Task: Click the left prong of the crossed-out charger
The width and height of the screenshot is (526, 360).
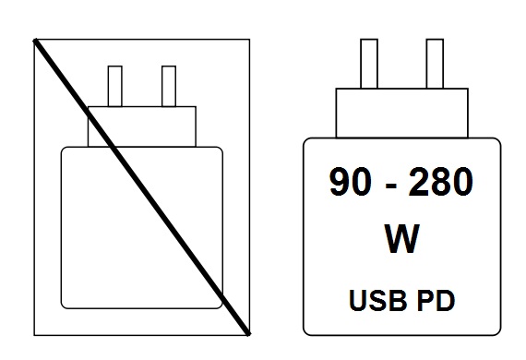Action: pyautogui.click(x=115, y=86)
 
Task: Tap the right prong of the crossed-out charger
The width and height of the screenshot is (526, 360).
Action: pyautogui.click(x=168, y=86)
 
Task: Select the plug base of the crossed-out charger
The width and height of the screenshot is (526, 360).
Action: pyautogui.click(x=142, y=126)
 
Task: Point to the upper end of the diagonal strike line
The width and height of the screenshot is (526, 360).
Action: pyautogui.click(x=36, y=40)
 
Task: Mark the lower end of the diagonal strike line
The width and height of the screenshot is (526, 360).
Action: pyautogui.click(x=248, y=330)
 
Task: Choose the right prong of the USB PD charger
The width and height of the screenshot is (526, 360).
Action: pyautogui.click(x=435, y=64)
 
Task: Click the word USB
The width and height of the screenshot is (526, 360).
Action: pyautogui.click(x=374, y=300)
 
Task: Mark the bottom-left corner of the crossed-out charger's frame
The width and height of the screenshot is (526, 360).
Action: pyautogui.click(x=34, y=333)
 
